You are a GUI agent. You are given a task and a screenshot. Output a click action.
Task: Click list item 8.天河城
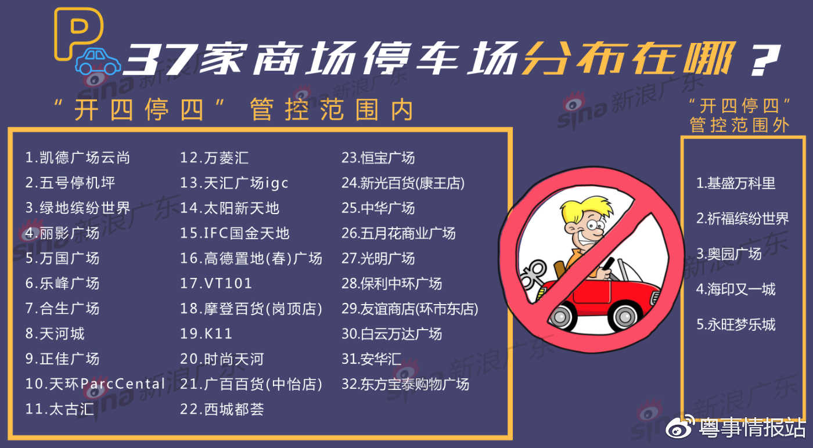[x=55, y=334]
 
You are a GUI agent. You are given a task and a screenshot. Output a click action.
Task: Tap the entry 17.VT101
[x=216, y=284]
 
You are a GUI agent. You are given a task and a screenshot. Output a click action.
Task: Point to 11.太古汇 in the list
[x=59, y=409]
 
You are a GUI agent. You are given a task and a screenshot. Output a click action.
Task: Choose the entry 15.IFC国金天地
[x=235, y=233]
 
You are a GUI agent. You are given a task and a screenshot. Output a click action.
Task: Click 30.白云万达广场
[x=391, y=334]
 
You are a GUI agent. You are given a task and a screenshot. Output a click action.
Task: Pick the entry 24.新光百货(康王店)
[x=403, y=183]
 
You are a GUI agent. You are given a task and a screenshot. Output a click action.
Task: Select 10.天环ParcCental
[x=95, y=384]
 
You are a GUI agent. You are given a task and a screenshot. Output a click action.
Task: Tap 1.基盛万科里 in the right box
[x=736, y=183]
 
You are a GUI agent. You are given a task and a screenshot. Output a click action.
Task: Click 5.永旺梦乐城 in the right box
[x=736, y=324]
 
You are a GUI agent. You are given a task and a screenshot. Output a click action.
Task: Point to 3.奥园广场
[x=729, y=254]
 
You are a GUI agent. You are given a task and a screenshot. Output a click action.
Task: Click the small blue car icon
[x=99, y=62]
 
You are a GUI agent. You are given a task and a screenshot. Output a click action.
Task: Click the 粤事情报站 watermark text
[x=753, y=428]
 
